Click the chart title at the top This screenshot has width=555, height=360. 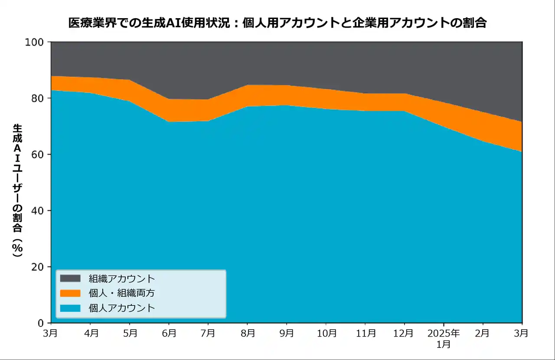coord(277,23)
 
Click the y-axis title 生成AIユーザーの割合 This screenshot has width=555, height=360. coord(17,191)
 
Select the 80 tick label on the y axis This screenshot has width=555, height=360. coord(38,98)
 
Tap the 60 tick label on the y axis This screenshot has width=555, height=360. coord(38,155)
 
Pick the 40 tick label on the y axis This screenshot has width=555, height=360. coord(38,211)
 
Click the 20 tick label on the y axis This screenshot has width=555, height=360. coord(38,267)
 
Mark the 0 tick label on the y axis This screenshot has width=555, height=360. coord(41,323)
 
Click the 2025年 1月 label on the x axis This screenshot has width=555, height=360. coord(444,338)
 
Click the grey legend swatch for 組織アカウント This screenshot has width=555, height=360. coord(70,278)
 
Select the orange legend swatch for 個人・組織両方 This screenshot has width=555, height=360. coord(70,293)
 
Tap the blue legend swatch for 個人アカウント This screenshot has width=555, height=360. coord(70,308)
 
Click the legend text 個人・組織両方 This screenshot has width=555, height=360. coord(121,293)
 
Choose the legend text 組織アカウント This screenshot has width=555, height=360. coord(121,278)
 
